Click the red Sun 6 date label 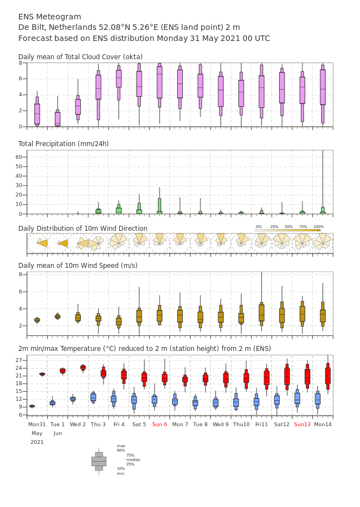[x=160, y=424]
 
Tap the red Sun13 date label [x=302, y=424]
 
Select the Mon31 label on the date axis [x=37, y=424]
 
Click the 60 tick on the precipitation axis [x=19, y=157]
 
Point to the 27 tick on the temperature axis [x=19, y=360]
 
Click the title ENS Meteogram [x=49, y=17]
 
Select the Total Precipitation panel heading [x=63, y=143]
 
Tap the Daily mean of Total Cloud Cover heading [x=80, y=57]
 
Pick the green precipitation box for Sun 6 [x=160, y=206]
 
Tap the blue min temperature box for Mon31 [x=32, y=406]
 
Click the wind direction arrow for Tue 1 [x=63, y=243]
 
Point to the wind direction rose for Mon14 [x=322, y=242]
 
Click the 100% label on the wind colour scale [x=318, y=227]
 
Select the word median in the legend [x=133, y=459]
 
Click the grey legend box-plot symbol [x=99, y=462]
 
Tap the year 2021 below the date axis [x=37, y=442]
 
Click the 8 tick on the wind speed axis [x=20, y=275]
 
